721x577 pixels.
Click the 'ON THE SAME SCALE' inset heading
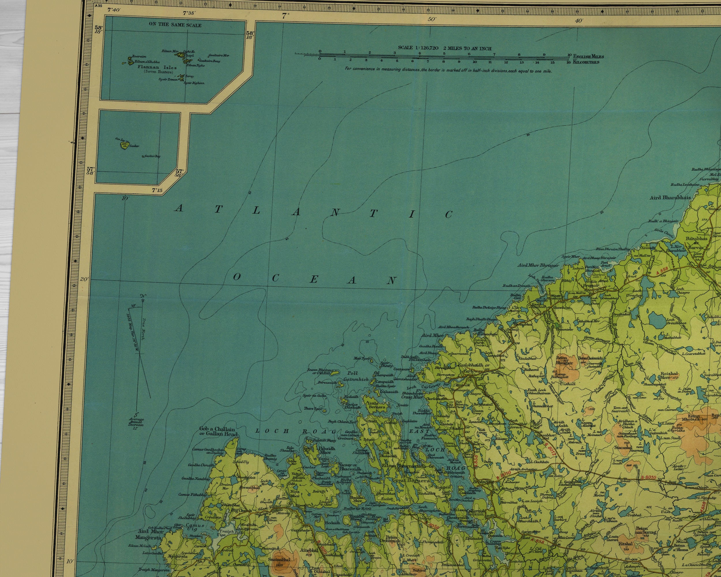click(x=175, y=25)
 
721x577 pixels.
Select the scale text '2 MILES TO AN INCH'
click(x=467, y=48)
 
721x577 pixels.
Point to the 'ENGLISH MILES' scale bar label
click(x=588, y=57)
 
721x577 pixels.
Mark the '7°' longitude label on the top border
click(x=285, y=15)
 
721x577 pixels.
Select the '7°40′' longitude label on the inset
click(x=113, y=10)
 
